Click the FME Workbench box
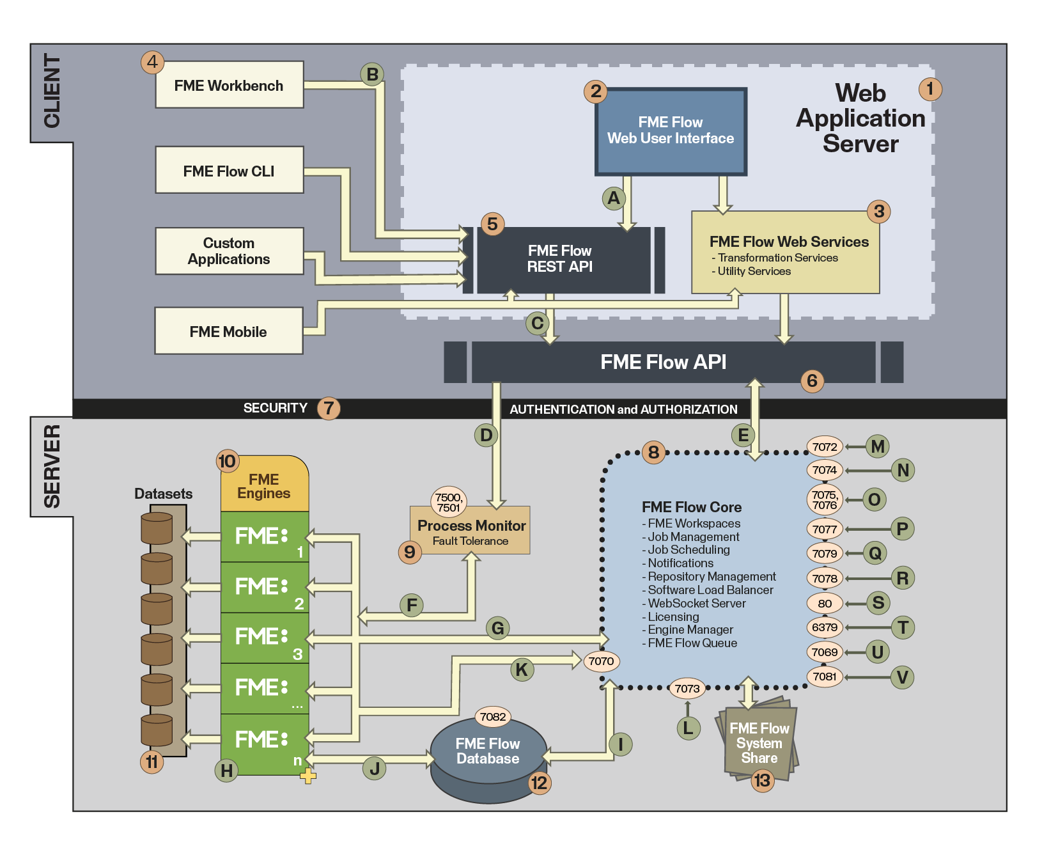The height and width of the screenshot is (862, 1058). tap(229, 85)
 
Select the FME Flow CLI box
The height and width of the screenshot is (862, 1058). tap(229, 170)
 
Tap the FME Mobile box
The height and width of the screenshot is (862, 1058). tap(228, 331)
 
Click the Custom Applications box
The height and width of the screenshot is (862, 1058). tap(229, 251)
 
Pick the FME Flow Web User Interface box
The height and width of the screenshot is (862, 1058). tap(671, 131)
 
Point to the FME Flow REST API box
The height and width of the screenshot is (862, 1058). tap(560, 259)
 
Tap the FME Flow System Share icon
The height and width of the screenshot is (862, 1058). tap(759, 742)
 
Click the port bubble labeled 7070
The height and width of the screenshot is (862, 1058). tap(601, 661)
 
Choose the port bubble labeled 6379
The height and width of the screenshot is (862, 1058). tap(825, 627)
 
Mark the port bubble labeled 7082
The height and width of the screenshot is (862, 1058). tap(493, 717)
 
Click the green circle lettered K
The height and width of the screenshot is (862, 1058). tap(522, 670)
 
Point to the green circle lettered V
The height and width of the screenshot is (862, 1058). tap(902, 677)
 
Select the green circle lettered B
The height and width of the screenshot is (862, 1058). tap(372, 74)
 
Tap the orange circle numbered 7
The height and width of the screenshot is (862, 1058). tap(329, 408)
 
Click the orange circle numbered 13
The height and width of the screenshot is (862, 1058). tap(762, 780)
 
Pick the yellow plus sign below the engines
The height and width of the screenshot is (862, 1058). tap(308, 776)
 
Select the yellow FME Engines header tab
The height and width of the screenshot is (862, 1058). tap(264, 485)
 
